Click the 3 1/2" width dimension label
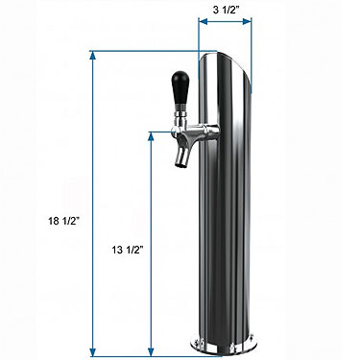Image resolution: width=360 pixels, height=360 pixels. pyautogui.click(x=226, y=11)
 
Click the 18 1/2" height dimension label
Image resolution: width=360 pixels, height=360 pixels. pyautogui.click(x=63, y=221)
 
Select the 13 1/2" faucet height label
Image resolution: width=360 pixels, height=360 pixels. pyautogui.click(x=127, y=250)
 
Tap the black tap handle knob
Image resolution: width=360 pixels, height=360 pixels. pyautogui.click(x=180, y=86)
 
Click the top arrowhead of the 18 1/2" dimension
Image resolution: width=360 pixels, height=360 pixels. pyautogui.click(x=93, y=56)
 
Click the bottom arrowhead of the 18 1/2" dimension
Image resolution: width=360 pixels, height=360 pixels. pyautogui.click(x=93, y=351)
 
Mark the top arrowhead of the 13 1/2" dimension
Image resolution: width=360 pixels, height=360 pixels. pyautogui.click(x=151, y=136)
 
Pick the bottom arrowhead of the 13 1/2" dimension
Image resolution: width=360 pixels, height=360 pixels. pyautogui.click(x=151, y=351)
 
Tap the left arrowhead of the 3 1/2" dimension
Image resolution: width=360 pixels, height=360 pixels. pyautogui.click(x=204, y=21)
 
